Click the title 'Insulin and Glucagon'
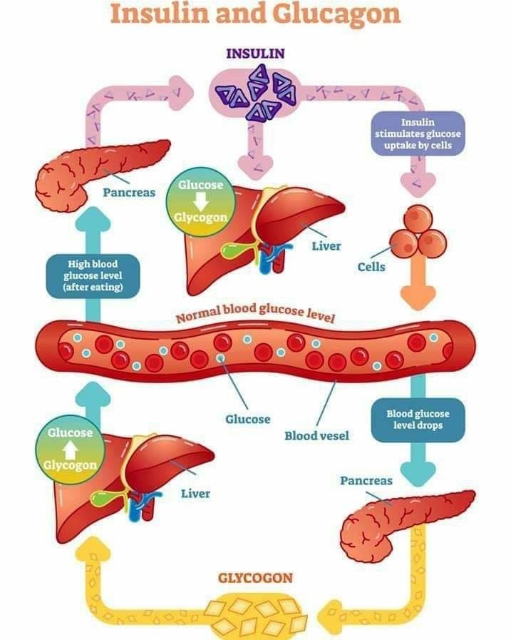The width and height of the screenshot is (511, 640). [x=255, y=15]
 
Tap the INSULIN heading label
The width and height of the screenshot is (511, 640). [x=255, y=53]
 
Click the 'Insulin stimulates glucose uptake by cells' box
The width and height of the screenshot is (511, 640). [x=418, y=134]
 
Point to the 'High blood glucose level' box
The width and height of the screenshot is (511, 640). [x=93, y=275]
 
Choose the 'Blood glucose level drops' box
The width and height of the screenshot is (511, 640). [x=418, y=419]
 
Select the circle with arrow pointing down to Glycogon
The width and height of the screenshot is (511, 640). [x=200, y=200]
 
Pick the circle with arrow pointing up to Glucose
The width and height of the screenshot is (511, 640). [x=70, y=449]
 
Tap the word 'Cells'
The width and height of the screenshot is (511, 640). [x=371, y=267]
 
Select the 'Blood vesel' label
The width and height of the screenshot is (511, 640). [x=316, y=435]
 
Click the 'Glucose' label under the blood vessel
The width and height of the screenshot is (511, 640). [x=247, y=419]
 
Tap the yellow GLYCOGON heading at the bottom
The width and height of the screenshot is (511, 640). [x=255, y=578]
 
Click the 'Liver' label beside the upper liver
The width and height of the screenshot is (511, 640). [x=326, y=246]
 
